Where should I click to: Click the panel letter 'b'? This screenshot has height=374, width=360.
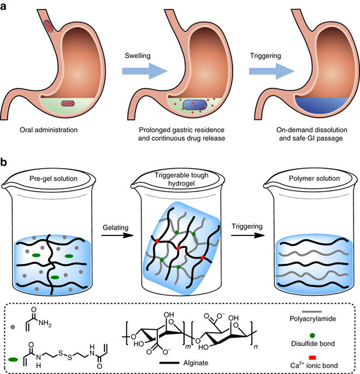point(5,163)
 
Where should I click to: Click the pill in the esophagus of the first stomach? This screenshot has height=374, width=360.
point(49,24)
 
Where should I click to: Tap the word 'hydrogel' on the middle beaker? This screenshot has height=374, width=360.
point(180,186)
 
